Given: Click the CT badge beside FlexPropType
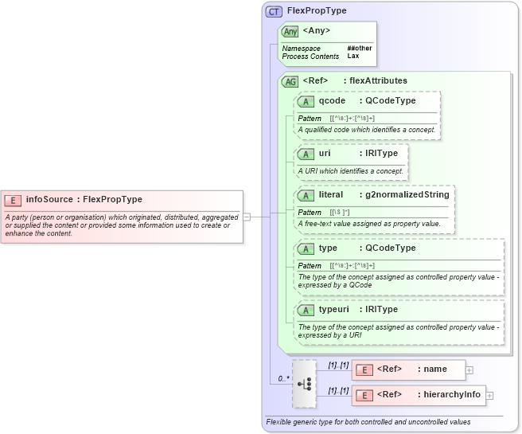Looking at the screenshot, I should [274, 12].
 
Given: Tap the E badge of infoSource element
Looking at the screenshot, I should [13, 200].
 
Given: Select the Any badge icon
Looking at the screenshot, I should [290, 31].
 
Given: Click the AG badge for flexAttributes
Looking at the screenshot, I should [290, 80].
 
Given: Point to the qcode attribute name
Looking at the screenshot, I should [332, 101].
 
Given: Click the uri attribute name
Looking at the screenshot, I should [325, 153].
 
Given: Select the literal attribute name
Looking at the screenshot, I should [330, 194].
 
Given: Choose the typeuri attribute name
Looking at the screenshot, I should [334, 309].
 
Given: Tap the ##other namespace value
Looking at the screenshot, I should [359, 49].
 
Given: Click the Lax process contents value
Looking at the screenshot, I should [353, 57].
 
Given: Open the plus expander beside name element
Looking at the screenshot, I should [469, 369].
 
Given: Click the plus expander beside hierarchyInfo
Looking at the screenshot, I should [489, 395].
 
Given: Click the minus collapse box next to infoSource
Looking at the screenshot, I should [247, 216].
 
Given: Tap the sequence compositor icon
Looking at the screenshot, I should [304, 383].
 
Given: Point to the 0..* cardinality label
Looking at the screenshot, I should [283, 378].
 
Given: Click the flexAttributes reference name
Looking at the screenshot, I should [380, 80].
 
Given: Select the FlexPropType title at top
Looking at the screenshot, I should [316, 11].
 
